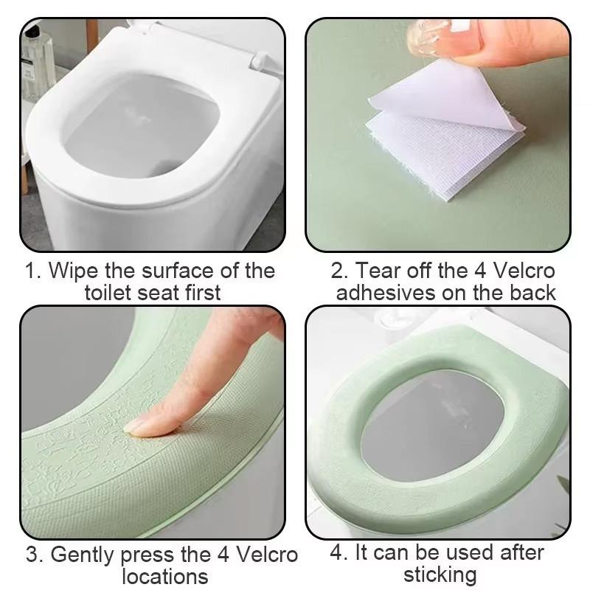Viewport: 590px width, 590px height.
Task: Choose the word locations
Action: (164, 576)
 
